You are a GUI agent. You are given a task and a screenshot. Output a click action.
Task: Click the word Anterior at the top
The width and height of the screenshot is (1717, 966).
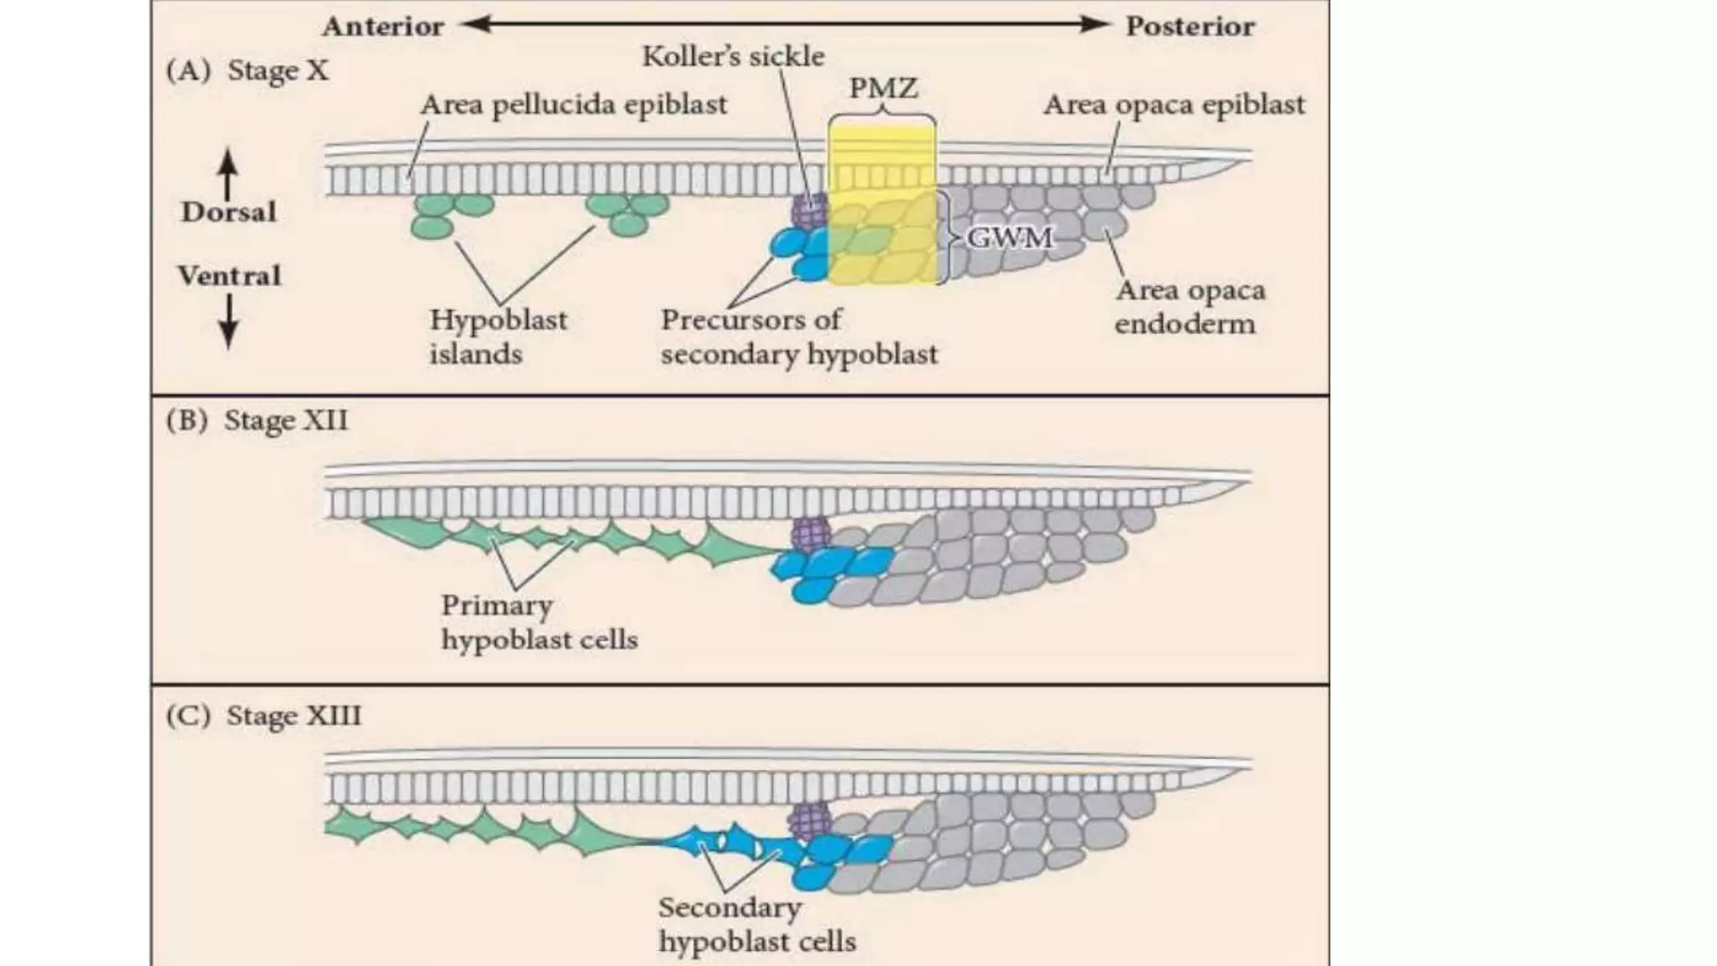[x=383, y=27]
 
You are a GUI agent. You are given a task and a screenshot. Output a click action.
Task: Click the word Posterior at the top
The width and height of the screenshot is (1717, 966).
[x=1190, y=27]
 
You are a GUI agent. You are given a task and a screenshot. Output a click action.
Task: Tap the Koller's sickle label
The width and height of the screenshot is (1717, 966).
[x=733, y=57]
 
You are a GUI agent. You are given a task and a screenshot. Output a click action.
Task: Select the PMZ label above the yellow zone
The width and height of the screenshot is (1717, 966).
[x=883, y=88]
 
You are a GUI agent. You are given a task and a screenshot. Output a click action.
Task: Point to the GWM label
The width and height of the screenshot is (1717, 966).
[x=1009, y=238]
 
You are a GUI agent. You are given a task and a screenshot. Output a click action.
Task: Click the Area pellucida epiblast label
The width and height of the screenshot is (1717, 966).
[x=573, y=105]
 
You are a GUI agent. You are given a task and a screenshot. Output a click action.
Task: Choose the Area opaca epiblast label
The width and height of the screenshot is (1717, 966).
[x=1174, y=105]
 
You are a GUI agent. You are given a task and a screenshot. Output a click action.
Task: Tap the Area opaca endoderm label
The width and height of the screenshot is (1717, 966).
[x=1189, y=307]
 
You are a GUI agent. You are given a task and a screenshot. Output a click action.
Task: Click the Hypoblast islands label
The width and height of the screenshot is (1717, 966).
[x=498, y=336]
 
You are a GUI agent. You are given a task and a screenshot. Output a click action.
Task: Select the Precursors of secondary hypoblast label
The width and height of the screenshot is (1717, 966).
[x=798, y=336]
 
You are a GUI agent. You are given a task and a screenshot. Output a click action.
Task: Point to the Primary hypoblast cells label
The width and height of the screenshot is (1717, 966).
[x=539, y=622]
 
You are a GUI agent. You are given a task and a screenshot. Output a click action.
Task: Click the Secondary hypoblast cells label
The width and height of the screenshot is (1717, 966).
[x=756, y=924]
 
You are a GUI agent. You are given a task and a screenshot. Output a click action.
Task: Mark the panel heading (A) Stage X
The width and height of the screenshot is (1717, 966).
[x=247, y=70]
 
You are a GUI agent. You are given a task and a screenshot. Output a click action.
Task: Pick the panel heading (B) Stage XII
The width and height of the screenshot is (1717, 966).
[x=257, y=420]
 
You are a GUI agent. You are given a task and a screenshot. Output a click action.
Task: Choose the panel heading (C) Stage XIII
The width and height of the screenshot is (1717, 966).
[x=263, y=716]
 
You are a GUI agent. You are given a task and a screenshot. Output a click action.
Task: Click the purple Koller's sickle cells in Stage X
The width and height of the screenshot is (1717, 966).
[x=810, y=211]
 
